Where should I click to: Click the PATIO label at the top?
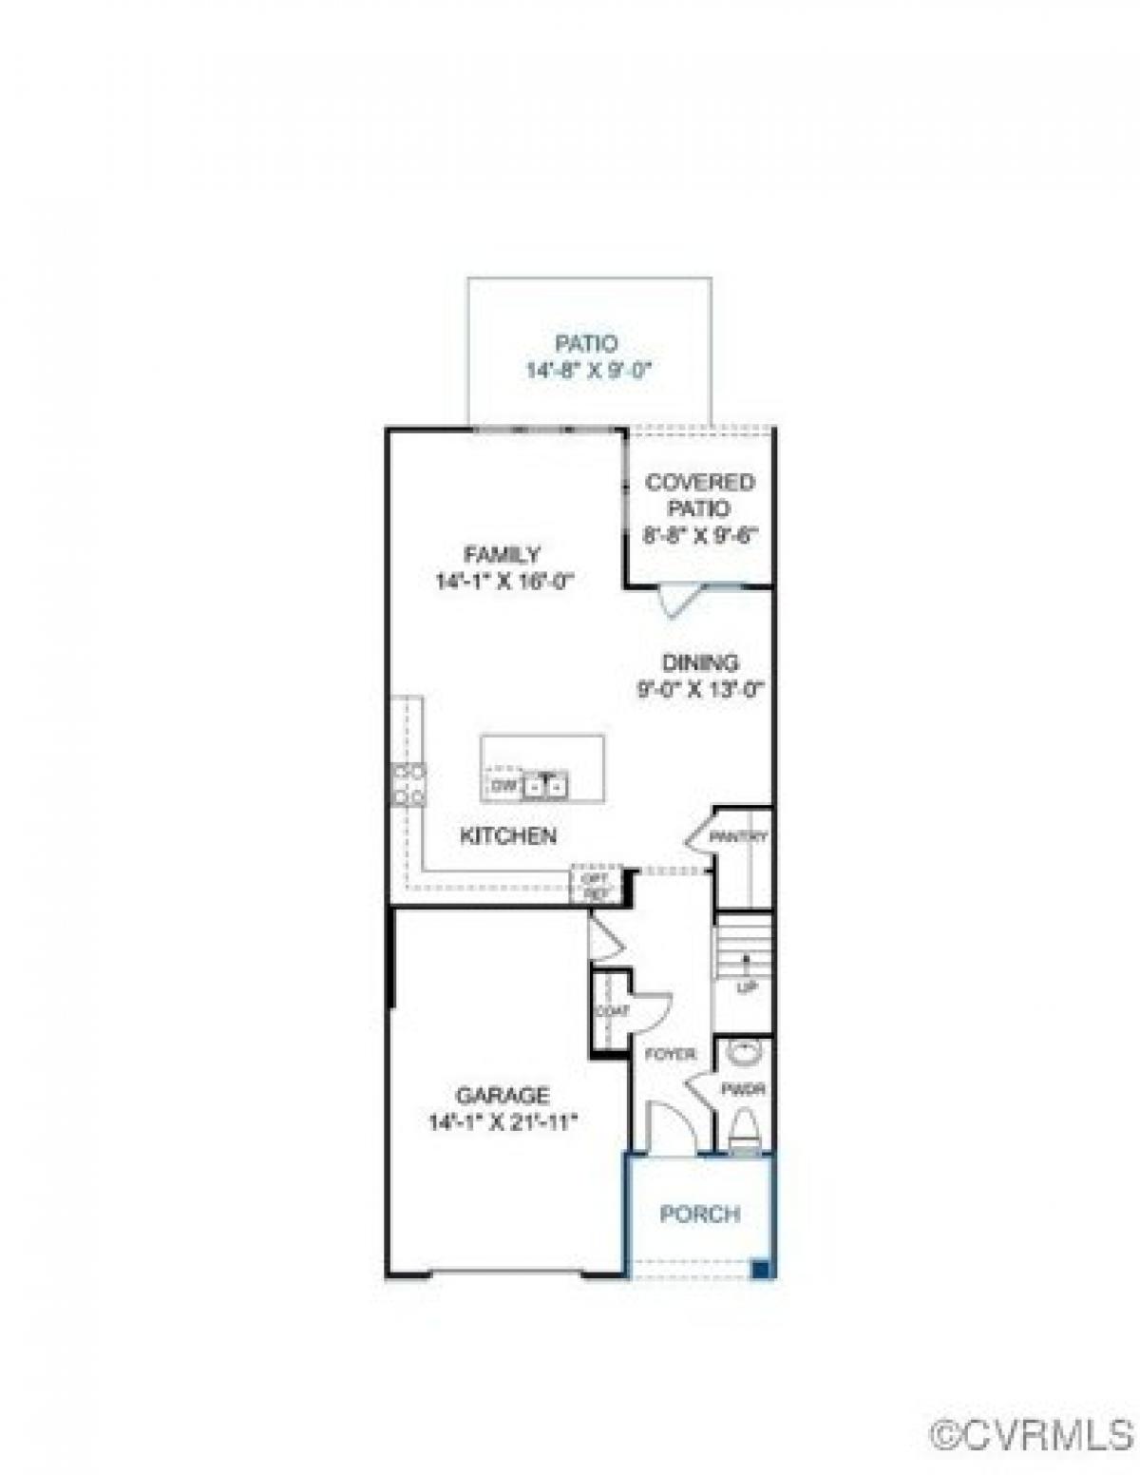coord(586,343)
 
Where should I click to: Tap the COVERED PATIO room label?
coord(700,495)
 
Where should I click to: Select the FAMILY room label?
coord(502,554)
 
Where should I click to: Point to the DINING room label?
coord(700,662)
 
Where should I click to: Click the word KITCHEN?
coord(508,836)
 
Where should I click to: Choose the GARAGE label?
coord(503,1095)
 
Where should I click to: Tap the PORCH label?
coord(700,1214)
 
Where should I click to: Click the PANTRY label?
coord(738,837)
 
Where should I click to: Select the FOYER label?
coord(671,1054)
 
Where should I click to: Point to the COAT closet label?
coord(612,1011)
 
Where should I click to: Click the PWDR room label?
coord(743,1089)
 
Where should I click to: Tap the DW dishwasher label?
coord(503,786)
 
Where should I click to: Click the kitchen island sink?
coord(545,785)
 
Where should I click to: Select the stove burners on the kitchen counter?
coord(409,784)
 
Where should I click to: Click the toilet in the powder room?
coord(744,1131)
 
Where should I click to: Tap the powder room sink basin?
coord(744,1053)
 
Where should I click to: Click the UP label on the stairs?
coord(747,988)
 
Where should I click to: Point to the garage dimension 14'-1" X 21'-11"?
coord(503,1122)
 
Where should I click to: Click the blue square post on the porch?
coord(760,1269)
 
